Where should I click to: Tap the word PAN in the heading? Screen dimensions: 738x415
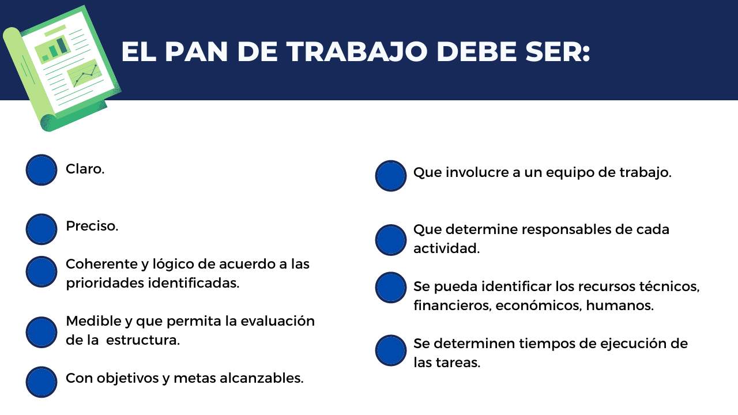[196, 52]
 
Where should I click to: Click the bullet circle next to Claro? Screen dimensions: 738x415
[42, 170]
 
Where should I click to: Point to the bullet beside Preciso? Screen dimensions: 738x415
[42, 229]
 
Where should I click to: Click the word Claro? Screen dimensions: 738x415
[85, 169]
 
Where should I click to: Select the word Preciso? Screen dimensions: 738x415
[92, 226]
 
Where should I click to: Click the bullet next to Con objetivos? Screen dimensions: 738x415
[42, 382]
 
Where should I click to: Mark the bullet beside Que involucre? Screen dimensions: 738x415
[391, 176]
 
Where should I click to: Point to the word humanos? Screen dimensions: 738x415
[620, 305]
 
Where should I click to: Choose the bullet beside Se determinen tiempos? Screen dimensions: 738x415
[391, 350]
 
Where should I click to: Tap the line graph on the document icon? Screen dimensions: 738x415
[84, 73]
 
